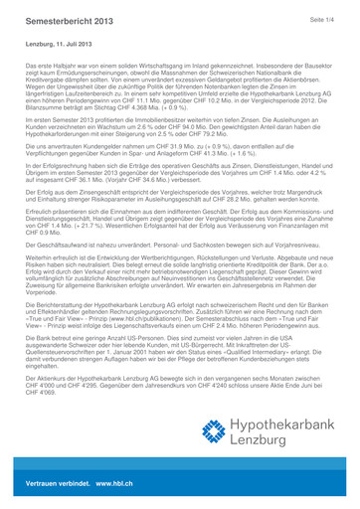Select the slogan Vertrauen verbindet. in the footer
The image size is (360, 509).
tap(55, 493)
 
